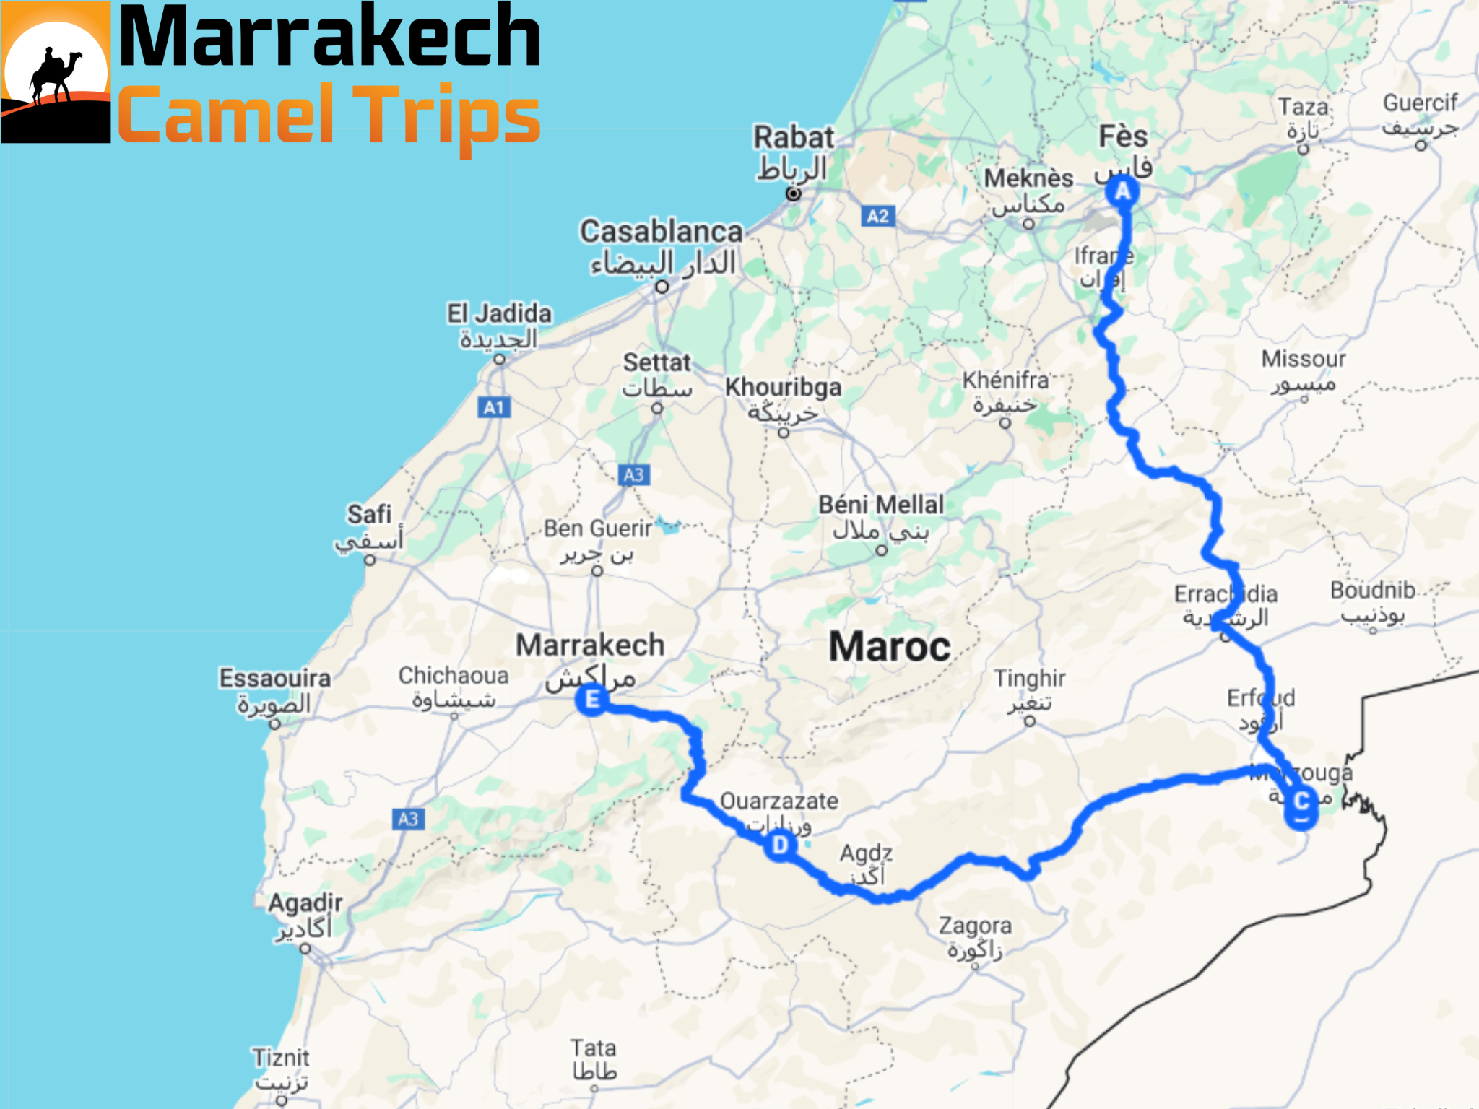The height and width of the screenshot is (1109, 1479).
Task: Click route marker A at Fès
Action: [1122, 191]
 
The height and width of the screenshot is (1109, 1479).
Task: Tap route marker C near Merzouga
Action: [1301, 801]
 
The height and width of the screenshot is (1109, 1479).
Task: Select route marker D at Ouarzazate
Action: [780, 843]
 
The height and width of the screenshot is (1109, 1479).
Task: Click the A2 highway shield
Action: [877, 216]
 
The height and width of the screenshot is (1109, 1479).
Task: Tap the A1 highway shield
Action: [494, 407]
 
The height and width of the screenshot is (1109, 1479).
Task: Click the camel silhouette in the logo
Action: [55, 75]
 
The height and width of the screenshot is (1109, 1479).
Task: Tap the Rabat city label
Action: [794, 137]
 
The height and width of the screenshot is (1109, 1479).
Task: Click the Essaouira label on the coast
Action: [275, 679]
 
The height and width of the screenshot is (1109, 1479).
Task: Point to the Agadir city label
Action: [305, 903]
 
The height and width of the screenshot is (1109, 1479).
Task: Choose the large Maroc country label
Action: [889, 646]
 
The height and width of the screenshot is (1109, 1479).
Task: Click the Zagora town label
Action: [975, 926]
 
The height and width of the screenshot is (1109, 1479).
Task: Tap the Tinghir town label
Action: [1029, 679]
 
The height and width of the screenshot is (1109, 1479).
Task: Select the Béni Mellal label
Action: [881, 505]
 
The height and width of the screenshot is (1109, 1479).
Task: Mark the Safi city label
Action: [369, 515]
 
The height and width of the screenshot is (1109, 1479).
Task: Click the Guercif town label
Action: [1420, 103]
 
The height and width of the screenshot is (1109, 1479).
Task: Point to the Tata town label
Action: [593, 1048]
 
